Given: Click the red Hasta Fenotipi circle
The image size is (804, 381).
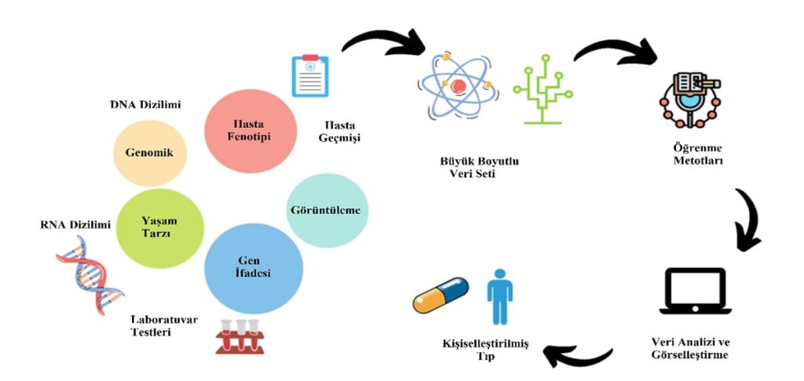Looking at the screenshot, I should pyautogui.click(x=250, y=131).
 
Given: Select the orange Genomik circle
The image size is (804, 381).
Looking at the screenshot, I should pyautogui.click(x=151, y=153).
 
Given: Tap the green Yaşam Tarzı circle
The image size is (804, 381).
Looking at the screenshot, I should pyautogui.click(x=159, y=226).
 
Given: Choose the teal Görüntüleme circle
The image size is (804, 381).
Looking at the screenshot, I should pyautogui.click(x=327, y=210).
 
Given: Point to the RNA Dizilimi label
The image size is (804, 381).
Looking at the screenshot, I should pyautogui.click(x=75, y=225).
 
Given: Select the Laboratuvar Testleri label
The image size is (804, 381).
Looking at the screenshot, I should pyautogui.click(x=163, y=326).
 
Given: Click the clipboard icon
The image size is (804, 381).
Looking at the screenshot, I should pyautogui.click(x=310, y=75).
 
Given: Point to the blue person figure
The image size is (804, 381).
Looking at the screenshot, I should pyautogui.click(x=499, y=295).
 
